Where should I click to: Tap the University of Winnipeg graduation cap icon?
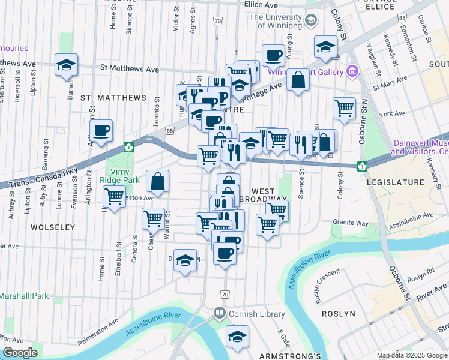[x=310, y=21]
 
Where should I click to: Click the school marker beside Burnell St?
[x=66, y=65]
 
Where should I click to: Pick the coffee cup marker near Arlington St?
[x=101, y=130]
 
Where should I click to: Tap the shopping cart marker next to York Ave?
[x=345, y=109]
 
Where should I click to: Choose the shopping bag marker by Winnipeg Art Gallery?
[x=298, y=80]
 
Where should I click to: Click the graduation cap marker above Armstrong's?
[x=238, y=337]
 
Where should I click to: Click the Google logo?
[x=20, y=353]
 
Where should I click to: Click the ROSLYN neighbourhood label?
[x=338, y=314]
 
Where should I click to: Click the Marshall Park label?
[x=24, y=296]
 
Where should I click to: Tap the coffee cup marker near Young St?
[x=273, y=56]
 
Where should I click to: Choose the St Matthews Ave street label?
[x=130, y=70]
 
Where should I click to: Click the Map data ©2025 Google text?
[x=412, y=355]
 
